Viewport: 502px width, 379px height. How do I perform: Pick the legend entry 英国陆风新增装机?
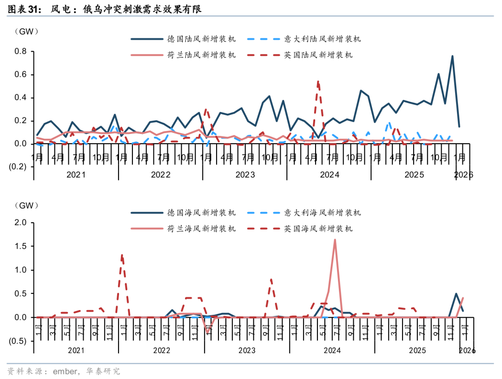(318, 55)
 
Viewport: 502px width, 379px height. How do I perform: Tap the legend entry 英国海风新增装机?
(318, 229)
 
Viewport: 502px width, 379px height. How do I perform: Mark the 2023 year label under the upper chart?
(245, 175)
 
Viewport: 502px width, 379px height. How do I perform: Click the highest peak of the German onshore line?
(452, 56)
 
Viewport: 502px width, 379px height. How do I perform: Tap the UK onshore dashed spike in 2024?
(318, 81)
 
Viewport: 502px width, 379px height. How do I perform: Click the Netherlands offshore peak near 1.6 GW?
(335, 240)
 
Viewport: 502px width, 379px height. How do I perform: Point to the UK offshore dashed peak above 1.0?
(122, 254)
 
